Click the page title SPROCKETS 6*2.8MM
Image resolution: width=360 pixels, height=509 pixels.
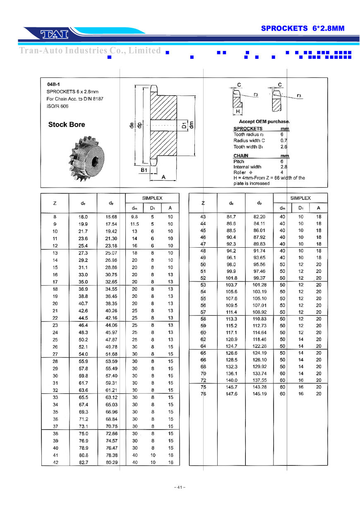coord(302,29)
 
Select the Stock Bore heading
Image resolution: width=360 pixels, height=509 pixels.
coord(67,125)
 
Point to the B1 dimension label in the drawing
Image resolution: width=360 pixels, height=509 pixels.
coord(144,170)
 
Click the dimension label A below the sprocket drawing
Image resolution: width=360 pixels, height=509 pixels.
coord(163,177)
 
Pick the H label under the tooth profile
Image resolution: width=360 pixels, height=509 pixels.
coord(238,111)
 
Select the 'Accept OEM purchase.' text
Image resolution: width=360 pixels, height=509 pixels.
coord(264,122)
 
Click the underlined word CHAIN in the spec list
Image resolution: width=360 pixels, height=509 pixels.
coord(241,156)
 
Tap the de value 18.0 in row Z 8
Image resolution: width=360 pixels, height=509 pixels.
coord(83,217)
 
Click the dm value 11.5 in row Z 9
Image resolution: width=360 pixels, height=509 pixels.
coord(134,224)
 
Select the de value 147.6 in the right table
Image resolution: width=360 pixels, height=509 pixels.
coord(231,394)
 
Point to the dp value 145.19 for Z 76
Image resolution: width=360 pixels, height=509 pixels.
coord(259,394)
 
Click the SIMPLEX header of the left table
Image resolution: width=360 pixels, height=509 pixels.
coord(152,198)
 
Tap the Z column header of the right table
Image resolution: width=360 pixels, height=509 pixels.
coord(203,203)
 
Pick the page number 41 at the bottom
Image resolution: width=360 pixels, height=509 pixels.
coord(180,487)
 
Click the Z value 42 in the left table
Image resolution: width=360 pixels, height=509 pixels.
coord(55,462)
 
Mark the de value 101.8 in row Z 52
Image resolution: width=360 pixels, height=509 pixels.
coord(231,278)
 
